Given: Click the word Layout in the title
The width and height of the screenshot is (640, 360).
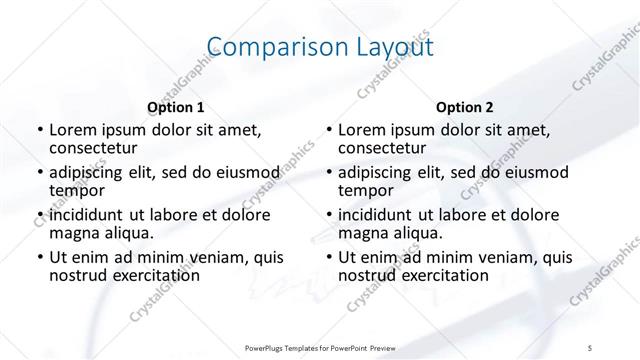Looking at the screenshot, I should pyautogui.click(x=389, y=47).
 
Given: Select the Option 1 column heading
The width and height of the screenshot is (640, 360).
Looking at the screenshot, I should pyautogui.click(x=176, y=107).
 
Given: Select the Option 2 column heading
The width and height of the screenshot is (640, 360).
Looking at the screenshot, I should pyautogui.click(x=464, y=107).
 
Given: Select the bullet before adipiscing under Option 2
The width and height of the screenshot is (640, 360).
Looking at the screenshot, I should pyautogui.click(x=327, y=173).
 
